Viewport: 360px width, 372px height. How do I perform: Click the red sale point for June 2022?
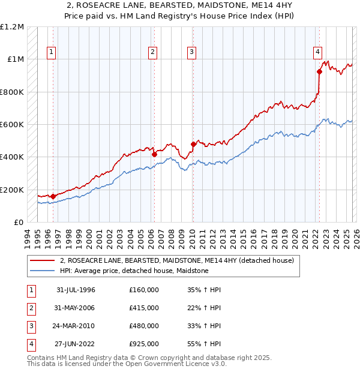(319, 72)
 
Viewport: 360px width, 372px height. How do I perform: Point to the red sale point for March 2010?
(193, 144)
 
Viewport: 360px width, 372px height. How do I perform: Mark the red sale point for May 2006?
(154, 155)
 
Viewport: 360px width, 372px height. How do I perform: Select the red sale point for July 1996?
(53, 196)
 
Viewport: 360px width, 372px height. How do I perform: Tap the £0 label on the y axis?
(19, 222)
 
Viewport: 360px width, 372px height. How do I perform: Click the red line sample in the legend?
(42, 261)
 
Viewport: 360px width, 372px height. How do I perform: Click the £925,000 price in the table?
(143, 344)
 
